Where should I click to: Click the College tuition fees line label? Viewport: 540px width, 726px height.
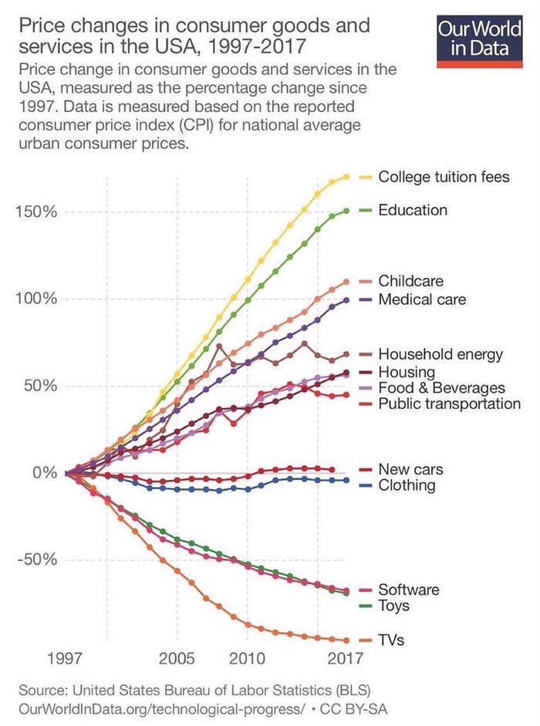click(444, 177)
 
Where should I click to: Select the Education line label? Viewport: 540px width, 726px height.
click(413, 210)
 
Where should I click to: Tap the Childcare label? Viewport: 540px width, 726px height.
click(410, 282)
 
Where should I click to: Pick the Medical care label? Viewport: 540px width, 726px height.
click(422, 299)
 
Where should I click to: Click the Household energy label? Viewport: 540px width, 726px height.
click(440, 355)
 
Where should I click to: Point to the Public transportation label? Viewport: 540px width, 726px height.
click(449, 404)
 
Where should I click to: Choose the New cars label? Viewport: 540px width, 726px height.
click(410, 470)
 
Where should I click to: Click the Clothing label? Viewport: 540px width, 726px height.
click(407, 485)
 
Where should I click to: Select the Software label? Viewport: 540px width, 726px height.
click(409, 589)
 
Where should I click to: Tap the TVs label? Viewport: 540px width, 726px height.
click(392, 640)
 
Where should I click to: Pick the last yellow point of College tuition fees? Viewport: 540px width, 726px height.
click(346, 177)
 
